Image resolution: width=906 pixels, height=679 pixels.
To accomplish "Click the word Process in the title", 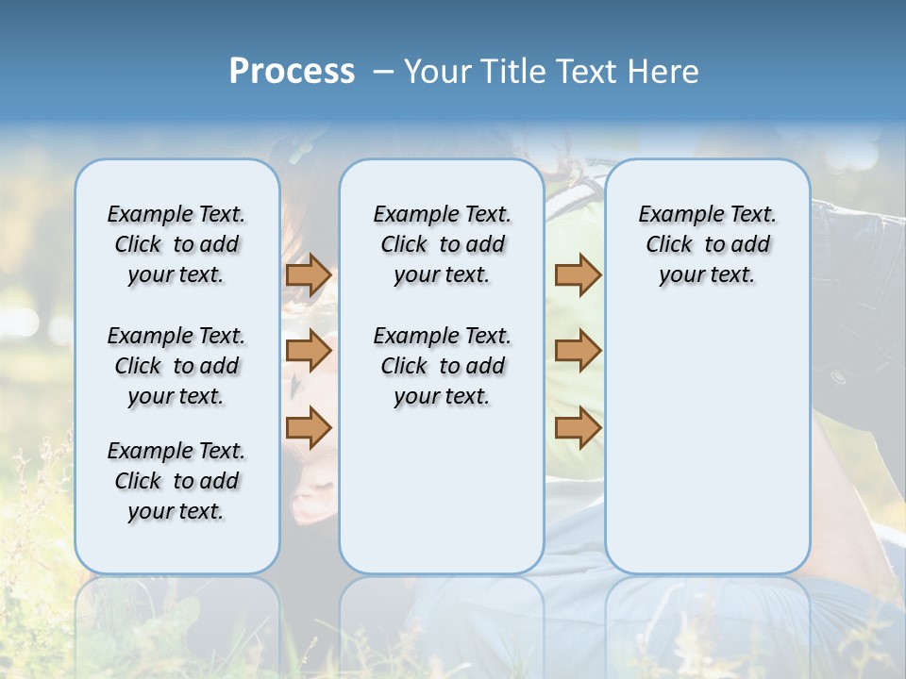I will [292, 71].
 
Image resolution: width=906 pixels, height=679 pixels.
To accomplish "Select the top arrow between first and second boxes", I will [308, 274].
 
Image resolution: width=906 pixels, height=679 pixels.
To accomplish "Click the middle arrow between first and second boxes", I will [308, 352].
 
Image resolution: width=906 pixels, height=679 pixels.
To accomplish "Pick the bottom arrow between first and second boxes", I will [308, 427].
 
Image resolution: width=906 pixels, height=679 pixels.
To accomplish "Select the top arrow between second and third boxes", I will [578, 274].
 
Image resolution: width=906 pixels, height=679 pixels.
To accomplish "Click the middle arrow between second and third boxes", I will [578, 352].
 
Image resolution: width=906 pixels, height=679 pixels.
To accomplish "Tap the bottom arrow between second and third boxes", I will [578, 427].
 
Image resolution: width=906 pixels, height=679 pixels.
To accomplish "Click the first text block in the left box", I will [176, 244].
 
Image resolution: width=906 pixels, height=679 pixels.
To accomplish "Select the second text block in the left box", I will [176, 366].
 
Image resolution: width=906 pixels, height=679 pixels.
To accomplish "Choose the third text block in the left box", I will [176, 481].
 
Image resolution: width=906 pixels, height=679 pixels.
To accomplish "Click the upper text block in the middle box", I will [442, 244].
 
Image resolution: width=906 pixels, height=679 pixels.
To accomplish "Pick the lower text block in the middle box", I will [442, 366].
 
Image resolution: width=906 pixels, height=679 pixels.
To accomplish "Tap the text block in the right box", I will [707, 244].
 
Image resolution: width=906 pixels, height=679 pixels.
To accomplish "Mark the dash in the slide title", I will [383, 72].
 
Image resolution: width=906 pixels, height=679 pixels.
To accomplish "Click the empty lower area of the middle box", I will [442, 490].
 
